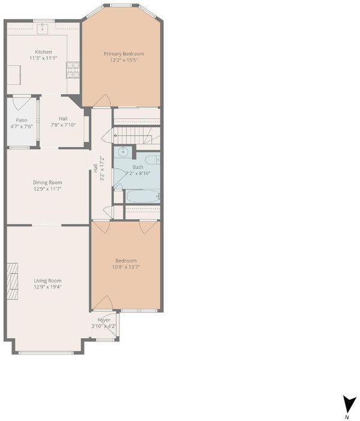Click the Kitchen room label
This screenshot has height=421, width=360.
[x=43, y=52]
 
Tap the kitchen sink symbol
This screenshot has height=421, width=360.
[x=42, y=28]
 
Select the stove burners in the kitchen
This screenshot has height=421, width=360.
[x=73, y=70]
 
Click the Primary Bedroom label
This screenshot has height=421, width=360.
[x=124, y=54]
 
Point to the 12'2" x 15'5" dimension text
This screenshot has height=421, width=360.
[x=124, y=60]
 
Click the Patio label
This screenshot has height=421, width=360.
[x=22, y=120]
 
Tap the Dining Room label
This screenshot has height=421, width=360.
[x=47, y=182]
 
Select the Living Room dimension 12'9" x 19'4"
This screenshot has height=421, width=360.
[x=47, y=287]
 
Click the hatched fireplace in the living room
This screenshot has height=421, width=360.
[x=13, y=281]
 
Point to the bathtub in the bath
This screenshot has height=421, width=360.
[x=143, y=196]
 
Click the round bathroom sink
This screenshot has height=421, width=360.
[x=123, y=152]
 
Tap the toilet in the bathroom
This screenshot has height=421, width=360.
[x=152, y=160]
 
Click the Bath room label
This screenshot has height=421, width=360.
[x=138, y=167]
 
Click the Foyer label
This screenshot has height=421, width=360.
[x=104, y=320]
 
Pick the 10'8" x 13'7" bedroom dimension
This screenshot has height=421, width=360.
[x=126, y=267]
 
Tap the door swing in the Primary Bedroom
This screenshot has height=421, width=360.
[x=102, y=101]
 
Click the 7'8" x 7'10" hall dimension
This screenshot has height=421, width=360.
[x=63, y=125]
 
